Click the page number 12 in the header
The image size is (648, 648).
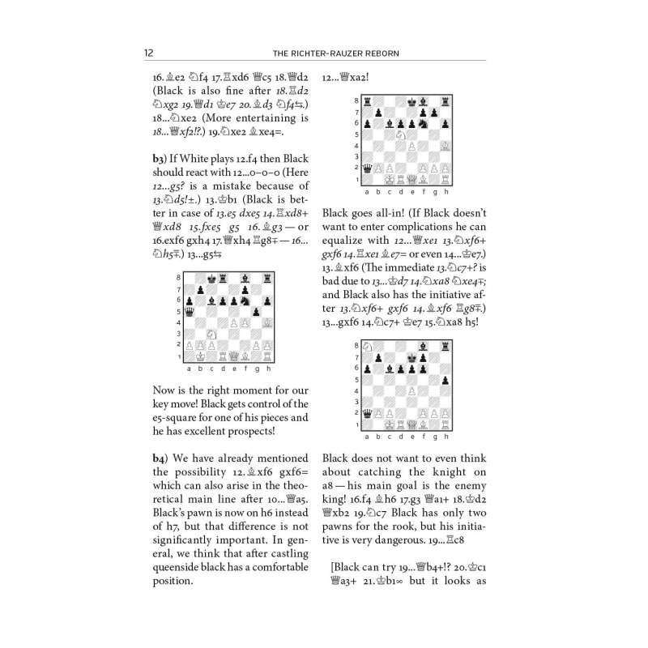pyautogui.click(x=148, y=53)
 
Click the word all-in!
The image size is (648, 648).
pyautogui.click(x=387, y=215)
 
